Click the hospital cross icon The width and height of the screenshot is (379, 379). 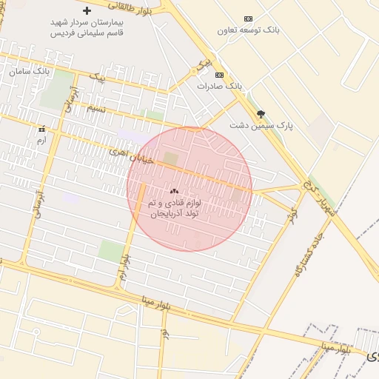pos(87,10)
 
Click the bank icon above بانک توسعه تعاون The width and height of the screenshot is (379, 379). pos(248,19)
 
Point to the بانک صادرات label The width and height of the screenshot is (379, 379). pos(219,86)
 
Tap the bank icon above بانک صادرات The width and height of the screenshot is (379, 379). pos(219,75)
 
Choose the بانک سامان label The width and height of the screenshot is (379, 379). pos(30,72)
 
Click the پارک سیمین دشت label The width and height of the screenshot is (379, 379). pos(261,126)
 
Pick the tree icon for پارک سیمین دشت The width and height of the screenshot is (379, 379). pos(261,114)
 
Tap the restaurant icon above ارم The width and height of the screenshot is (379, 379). pos(41,127)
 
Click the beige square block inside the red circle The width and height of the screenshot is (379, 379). pos(171,159)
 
